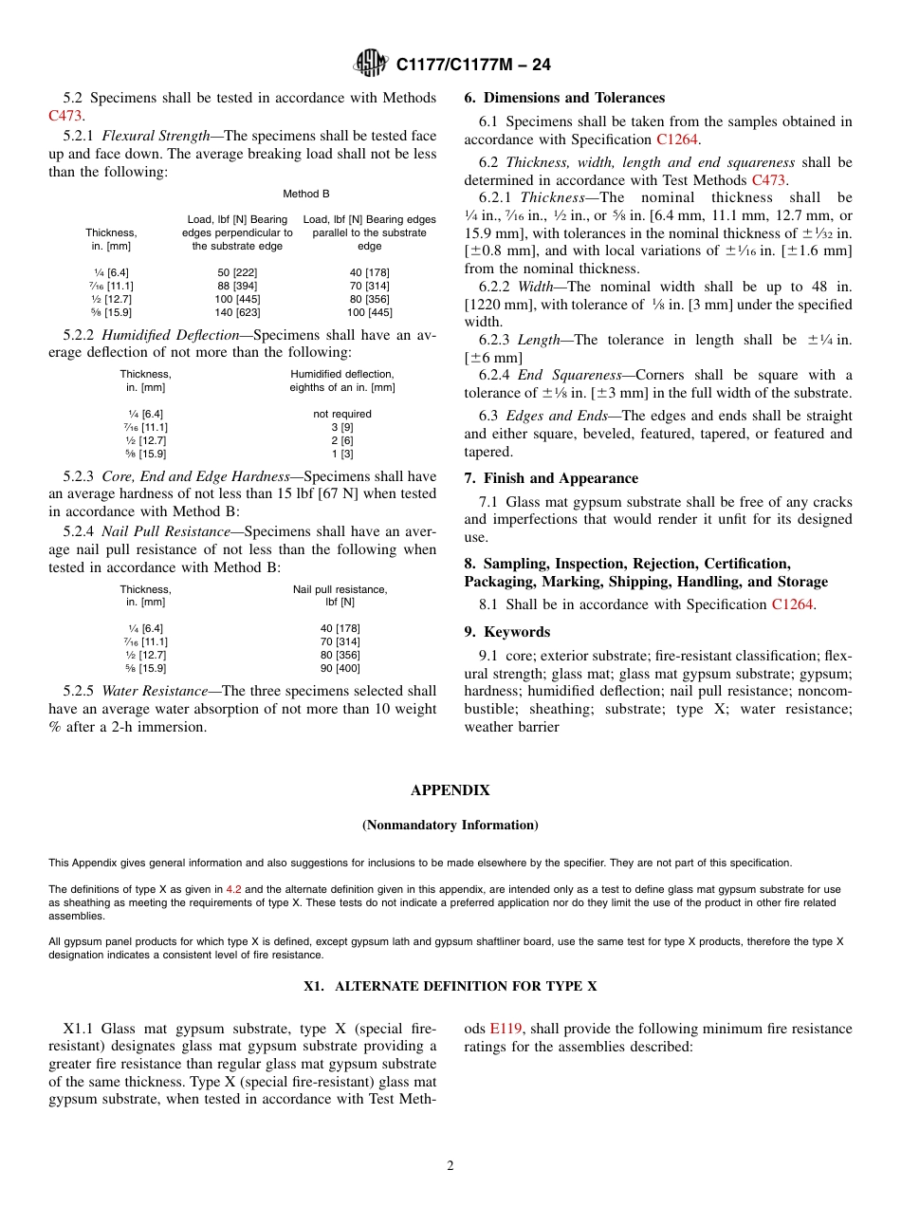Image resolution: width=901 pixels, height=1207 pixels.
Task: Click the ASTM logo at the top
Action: [370, 64]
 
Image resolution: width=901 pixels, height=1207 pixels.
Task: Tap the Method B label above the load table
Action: [305, 194]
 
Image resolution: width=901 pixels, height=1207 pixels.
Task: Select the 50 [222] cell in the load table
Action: [237, 272]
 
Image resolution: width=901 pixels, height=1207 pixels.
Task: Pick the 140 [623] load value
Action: [237, 312]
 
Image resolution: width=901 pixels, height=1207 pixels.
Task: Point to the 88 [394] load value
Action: [237, 286]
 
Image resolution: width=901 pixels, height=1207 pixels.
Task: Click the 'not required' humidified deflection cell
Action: [341, 414]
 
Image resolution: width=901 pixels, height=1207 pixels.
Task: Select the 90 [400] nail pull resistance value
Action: [340, 668]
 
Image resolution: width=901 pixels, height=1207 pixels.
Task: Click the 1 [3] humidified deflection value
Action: [341, 454]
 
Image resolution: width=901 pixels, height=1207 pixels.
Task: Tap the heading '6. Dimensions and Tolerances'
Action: [564, 98]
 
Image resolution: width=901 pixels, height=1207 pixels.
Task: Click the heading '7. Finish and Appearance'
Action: [551, 478]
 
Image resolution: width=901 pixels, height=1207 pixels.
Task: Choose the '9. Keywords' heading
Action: [506, 632]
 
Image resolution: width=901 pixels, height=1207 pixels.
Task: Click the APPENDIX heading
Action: [450, 790]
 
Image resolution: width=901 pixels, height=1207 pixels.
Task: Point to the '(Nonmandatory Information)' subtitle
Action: [450, 826]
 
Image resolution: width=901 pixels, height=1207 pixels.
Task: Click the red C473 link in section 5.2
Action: [65, 116]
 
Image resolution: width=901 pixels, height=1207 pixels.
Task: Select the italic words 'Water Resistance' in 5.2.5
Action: [156, 692]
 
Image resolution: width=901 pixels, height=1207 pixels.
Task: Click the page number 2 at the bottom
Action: [450, 1166]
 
